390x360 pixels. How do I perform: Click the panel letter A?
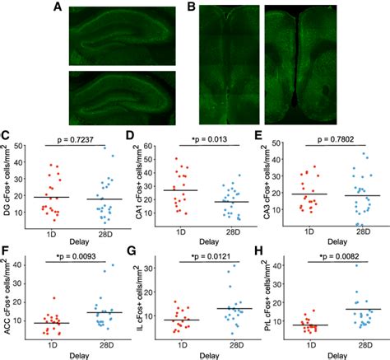click(57, 7)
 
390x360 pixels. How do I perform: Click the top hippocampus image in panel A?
click(120, 33)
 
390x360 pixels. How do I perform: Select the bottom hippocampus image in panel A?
click(120, 93)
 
